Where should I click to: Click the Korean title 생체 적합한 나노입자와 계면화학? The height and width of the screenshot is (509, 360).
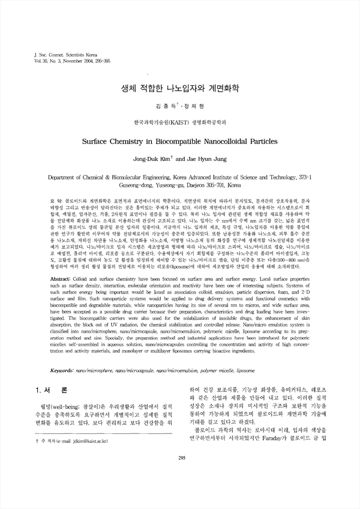pos(179,88)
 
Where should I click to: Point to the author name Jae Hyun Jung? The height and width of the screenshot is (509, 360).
pos(206,160)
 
